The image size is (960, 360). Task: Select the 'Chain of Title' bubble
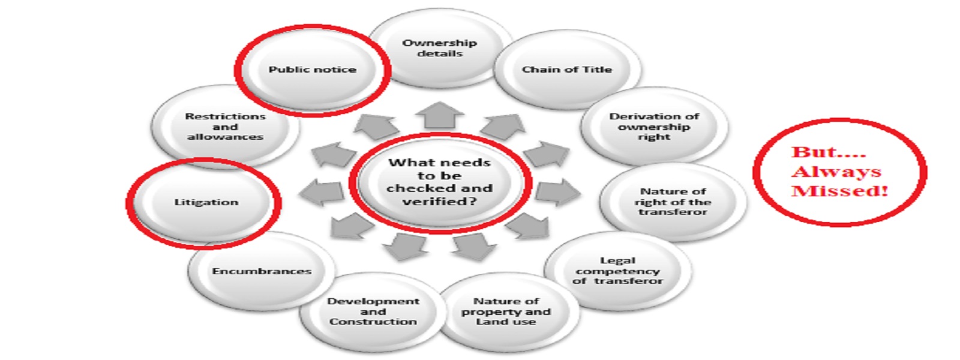tap(566, 70)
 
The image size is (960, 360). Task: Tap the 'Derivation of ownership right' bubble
tap(654, 127)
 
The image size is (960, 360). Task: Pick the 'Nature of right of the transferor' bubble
tap(673, 202)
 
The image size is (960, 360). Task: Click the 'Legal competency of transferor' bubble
tap(617, 271)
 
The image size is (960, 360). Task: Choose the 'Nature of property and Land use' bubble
tap(506, 311)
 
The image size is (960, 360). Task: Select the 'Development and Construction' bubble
tap(373, 311)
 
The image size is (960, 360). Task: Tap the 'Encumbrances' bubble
tap(262, 271)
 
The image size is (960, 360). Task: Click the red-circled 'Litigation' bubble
tap(206, 202)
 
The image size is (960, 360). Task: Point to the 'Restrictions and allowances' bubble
tap(225, 127)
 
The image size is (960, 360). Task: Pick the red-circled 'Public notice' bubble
tap(312, 70)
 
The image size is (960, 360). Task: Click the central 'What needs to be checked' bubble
tap(440, 182)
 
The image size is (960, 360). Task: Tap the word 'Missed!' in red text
tap(839, 191)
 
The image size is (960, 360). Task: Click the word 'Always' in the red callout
tap(836, 172)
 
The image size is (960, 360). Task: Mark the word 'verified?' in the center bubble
tap(440, 202)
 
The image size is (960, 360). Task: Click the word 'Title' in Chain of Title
tap(596, 70)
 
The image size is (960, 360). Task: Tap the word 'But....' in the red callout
tap(829, 152)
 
